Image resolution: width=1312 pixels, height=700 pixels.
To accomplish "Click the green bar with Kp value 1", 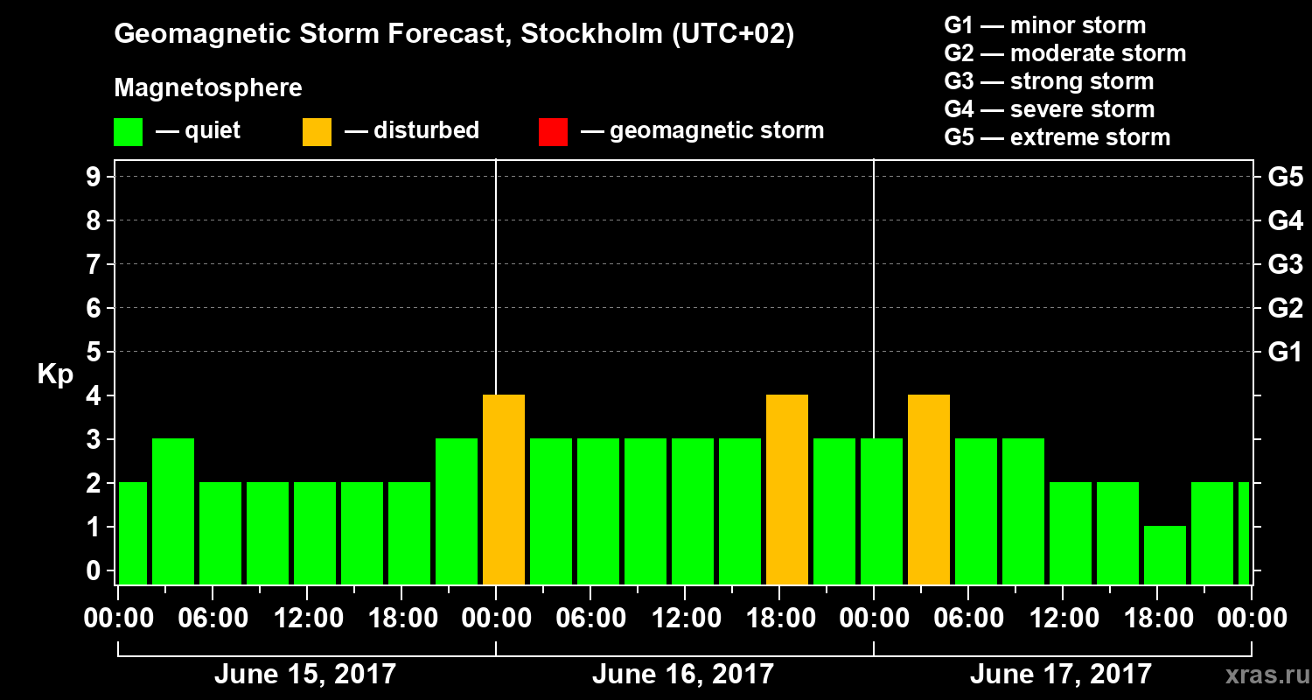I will [x=1165, y=555].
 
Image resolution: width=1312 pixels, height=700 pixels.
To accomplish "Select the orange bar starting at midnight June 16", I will [x=504, y=490].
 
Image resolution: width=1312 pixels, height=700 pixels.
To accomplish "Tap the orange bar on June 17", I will [x=929, y=490].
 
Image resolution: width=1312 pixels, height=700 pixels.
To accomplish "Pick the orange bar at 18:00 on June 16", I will [x=787, y=490].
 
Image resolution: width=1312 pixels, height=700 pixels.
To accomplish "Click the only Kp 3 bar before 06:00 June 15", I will [x=173, y=511].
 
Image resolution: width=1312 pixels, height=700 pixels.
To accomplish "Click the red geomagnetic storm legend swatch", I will [x=553, y=132].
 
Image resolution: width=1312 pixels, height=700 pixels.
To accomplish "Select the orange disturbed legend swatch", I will [x=317, y=132].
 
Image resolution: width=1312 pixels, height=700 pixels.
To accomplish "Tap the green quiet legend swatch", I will [x=128, y=132].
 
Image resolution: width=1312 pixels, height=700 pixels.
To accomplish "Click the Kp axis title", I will [x=55, y=374].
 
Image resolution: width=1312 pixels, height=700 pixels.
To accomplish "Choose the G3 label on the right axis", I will [x=1285, y=264].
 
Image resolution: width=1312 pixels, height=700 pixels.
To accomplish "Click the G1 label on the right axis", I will [x=1285, y=352].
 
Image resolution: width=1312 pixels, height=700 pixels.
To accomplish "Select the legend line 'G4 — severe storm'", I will [x=1049, y=109].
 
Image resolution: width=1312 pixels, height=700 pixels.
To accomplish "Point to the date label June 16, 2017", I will [x=683, y=675].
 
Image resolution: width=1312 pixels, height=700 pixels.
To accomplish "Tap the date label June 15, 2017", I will [x=305, y=675].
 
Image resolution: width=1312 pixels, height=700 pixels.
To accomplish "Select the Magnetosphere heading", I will [x=208, y=88].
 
